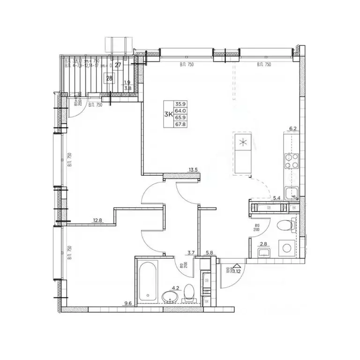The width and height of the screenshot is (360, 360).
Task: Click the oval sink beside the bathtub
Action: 169,296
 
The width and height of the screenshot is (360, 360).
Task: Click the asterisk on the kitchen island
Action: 242,143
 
